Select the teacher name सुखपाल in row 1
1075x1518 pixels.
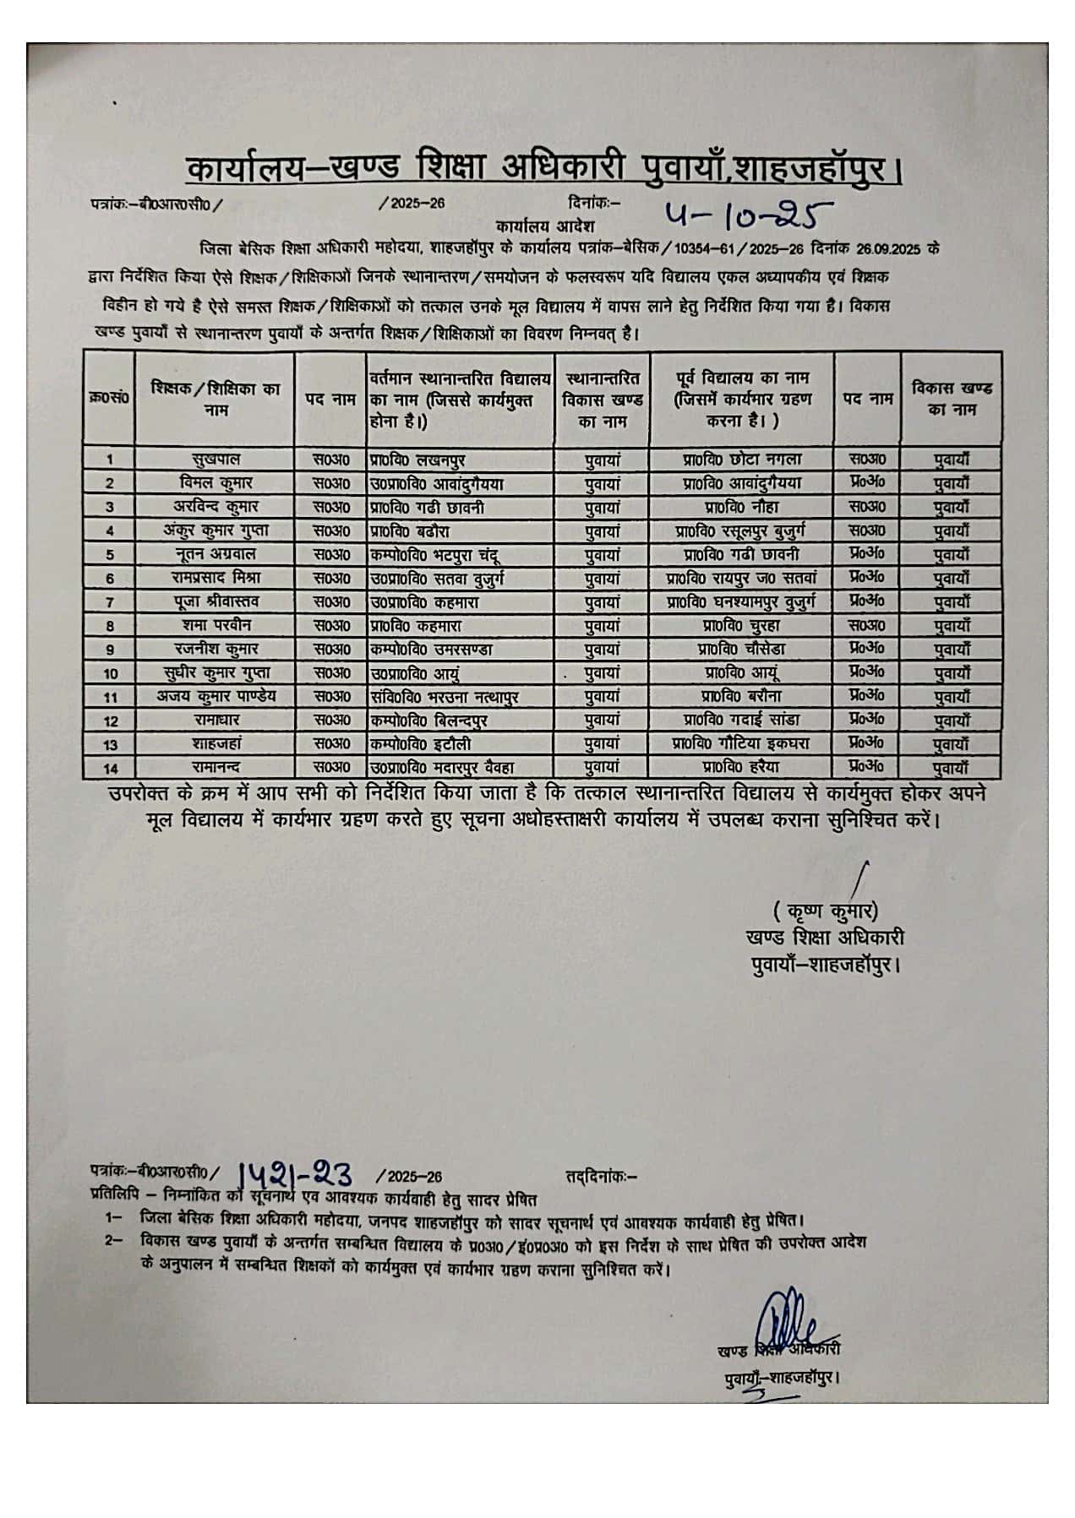(x=216, y=460)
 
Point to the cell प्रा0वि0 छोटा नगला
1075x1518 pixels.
(x=742, y=460)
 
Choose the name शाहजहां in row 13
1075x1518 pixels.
(x=216, y=744)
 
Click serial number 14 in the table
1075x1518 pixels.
(x=109, y=768)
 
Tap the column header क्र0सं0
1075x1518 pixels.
(x=109, y=397)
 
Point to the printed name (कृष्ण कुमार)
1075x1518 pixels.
(x=825, y=912)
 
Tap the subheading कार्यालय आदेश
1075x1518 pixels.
(x=546, y=226)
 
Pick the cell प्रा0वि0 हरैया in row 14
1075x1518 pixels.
(x=742, y=767)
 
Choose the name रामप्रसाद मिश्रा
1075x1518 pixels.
(x=216, y=578)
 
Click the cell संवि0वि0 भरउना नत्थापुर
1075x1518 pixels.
(x=445, y=697)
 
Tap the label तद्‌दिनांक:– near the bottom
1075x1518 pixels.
(x=602, y=1175)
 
